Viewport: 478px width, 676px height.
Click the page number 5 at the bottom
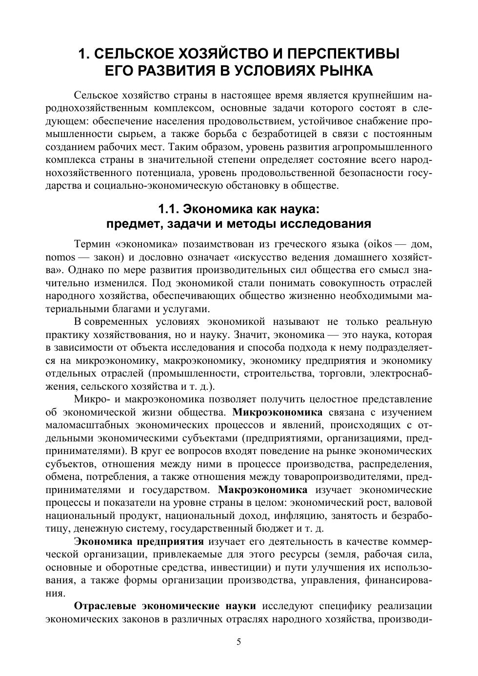[239, 642]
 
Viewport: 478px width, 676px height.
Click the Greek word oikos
[380, 244]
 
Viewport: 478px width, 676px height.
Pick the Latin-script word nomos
[60, 257]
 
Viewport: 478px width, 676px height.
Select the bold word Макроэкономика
[263, 489]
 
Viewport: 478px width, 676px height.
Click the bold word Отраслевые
[104, 606]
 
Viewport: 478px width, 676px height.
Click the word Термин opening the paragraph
[92, 244]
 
